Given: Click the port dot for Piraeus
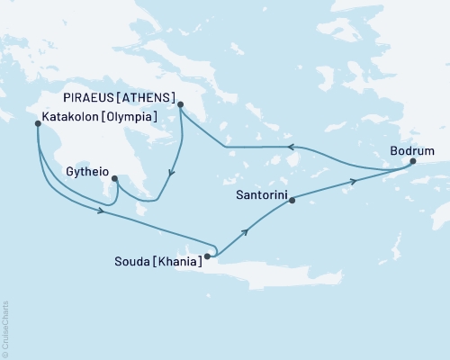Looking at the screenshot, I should tap(181, 104).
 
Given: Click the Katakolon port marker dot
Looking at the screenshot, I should tap(37, 123).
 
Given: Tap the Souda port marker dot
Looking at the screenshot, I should tap(207, 256).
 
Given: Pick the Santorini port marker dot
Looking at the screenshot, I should tap(292, 201).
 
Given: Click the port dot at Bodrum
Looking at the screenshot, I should tap(413, 161).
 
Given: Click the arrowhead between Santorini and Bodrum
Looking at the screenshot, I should tap(355, 182).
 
